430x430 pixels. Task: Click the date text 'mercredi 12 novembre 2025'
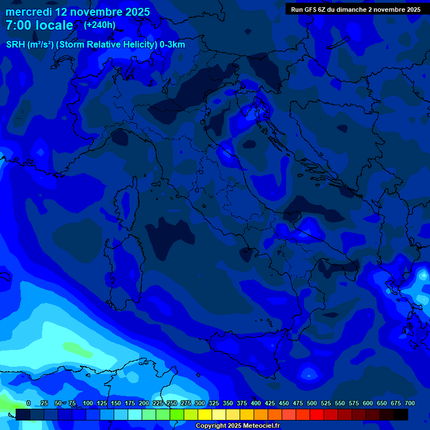point(78,12)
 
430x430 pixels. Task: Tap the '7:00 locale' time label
point(39,25)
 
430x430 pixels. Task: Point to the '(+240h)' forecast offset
point(100,25)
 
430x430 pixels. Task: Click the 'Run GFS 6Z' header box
point(356,9)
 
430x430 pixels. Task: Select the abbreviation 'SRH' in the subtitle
point(15,45)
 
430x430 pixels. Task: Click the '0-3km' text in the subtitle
point(172,45)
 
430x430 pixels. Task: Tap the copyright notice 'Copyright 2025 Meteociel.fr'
point(237,426)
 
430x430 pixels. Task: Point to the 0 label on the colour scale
point(29,403)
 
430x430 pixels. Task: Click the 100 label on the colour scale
point(87,403)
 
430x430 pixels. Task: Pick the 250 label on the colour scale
point(171,403)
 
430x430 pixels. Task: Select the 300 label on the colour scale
point(199,403)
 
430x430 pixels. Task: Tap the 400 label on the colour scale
point(255,403)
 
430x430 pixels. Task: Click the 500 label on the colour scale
point(311,403)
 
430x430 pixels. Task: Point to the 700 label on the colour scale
point(409,403)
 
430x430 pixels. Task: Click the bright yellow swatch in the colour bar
point(205,414)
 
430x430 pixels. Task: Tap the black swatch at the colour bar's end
point(401,414)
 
